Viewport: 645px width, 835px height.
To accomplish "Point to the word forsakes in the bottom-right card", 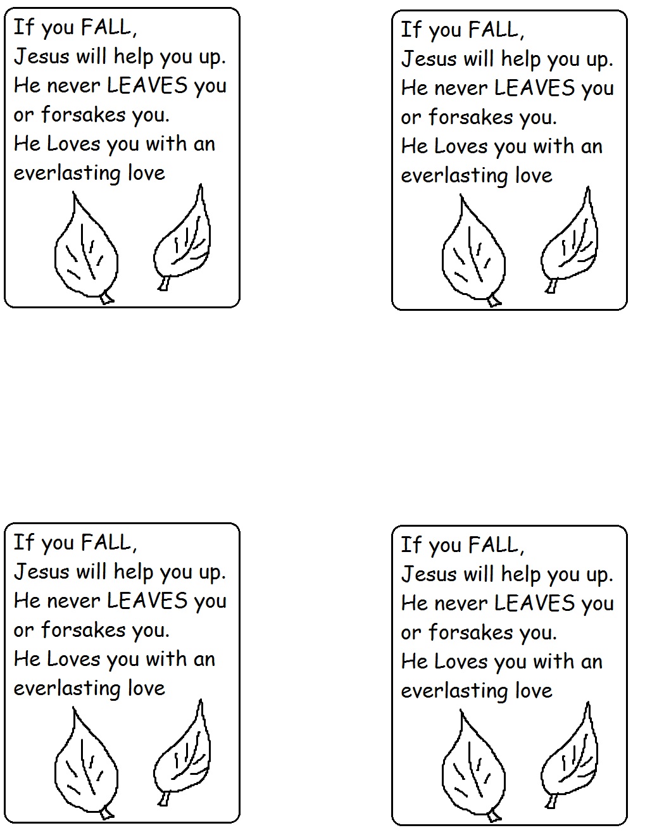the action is [471, 632].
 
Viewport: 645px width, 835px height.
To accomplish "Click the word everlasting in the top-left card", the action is [68, 173].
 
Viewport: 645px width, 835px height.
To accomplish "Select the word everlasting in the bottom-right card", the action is [455, 691].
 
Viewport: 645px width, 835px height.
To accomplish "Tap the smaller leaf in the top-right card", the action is [569, 240].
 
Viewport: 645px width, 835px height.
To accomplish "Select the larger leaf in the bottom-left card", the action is [86, 764].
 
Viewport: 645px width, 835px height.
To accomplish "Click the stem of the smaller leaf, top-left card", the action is [164, 283].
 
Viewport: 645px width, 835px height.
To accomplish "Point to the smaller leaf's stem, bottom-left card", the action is [164, 798].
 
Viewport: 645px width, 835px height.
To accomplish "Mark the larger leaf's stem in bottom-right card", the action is [494, 817].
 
